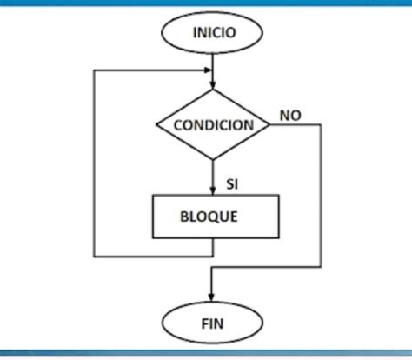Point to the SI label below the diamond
[232, 184]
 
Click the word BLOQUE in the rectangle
[215, 216]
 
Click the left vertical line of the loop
[94, 165]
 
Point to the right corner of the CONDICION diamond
[270, 125]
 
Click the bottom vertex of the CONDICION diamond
[213, 160]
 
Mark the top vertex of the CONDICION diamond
[213, 90]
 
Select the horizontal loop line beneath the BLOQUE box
[153, 256]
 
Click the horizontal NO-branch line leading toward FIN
[267, 267]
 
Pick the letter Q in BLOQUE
[219, 216]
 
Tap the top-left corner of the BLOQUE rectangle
[153, 196]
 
